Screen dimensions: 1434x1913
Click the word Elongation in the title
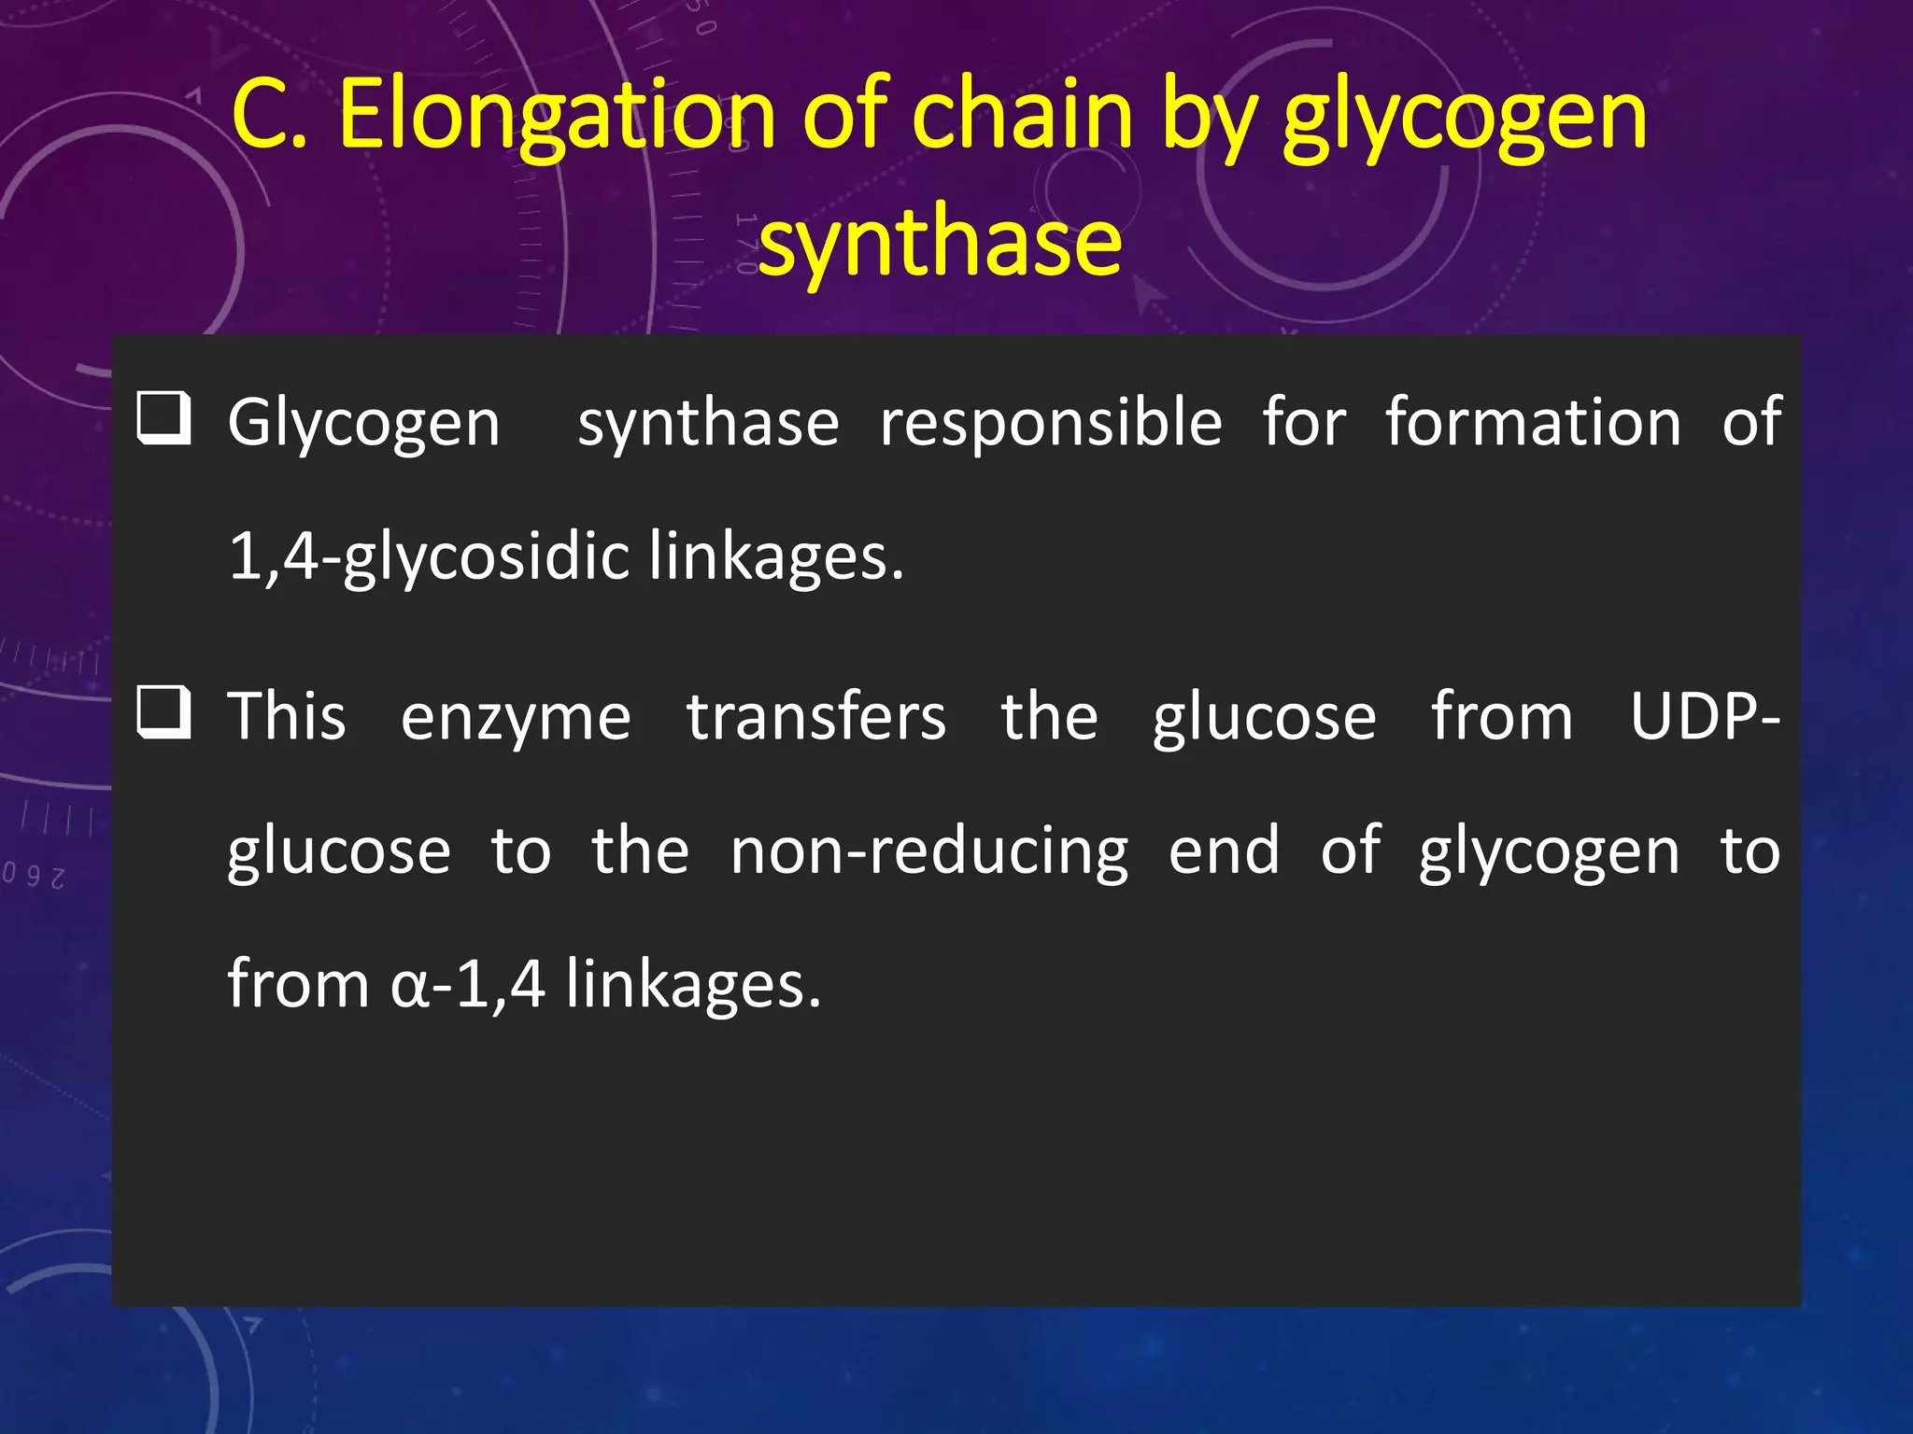point(557,118)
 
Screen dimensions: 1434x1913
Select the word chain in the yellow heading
point(1022,116)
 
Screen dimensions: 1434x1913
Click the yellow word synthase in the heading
point(940,243)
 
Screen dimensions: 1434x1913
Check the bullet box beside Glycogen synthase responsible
point(163,418)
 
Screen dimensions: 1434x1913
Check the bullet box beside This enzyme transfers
point(163,712)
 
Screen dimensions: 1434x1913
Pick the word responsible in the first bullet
point(1051,423)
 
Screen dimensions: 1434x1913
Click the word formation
point(1533,423)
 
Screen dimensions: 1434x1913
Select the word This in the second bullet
point(287,717)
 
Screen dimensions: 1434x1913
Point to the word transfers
point(816,717)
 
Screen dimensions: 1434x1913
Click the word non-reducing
point(929,851)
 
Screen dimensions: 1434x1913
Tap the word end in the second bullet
point(1224,851)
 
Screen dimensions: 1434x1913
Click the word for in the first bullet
point(1304,423)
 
